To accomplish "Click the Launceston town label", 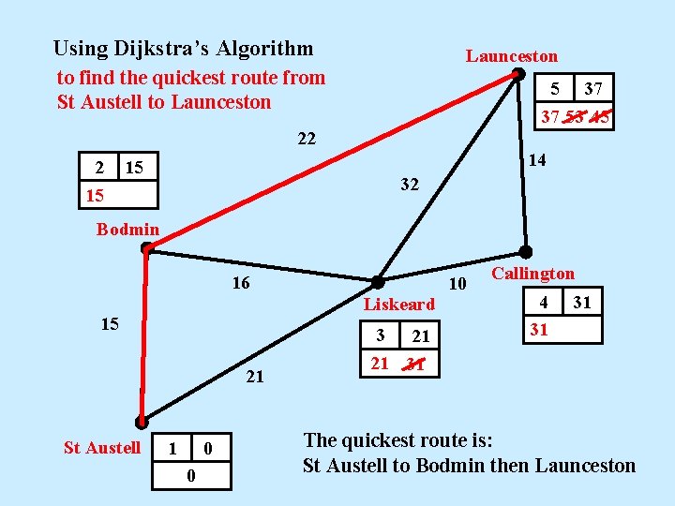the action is [511, 56].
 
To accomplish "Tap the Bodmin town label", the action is [127, 230].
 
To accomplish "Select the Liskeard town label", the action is [398, 304].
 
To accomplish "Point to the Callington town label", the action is [532, 274].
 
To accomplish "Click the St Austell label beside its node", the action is [101, 448].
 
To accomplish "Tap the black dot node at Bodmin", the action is [147, 249].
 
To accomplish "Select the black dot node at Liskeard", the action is [377, 281].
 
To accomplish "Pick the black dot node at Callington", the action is [526, 251].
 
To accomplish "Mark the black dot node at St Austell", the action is [141, 423].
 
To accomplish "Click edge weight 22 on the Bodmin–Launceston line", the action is [307, 140].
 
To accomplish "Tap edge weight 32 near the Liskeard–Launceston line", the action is [409, 185].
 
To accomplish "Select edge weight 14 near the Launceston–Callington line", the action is [538, 161].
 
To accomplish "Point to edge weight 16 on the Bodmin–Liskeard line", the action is [241, 282].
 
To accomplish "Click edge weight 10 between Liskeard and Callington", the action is [457, 284].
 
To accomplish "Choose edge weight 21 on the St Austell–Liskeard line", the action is [254, 378].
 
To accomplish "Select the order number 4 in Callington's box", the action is [543, 302].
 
